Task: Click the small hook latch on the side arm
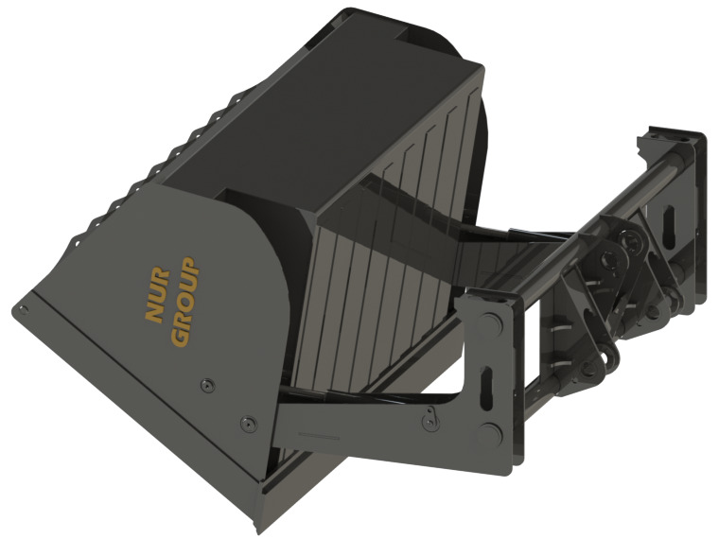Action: point(431,414)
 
